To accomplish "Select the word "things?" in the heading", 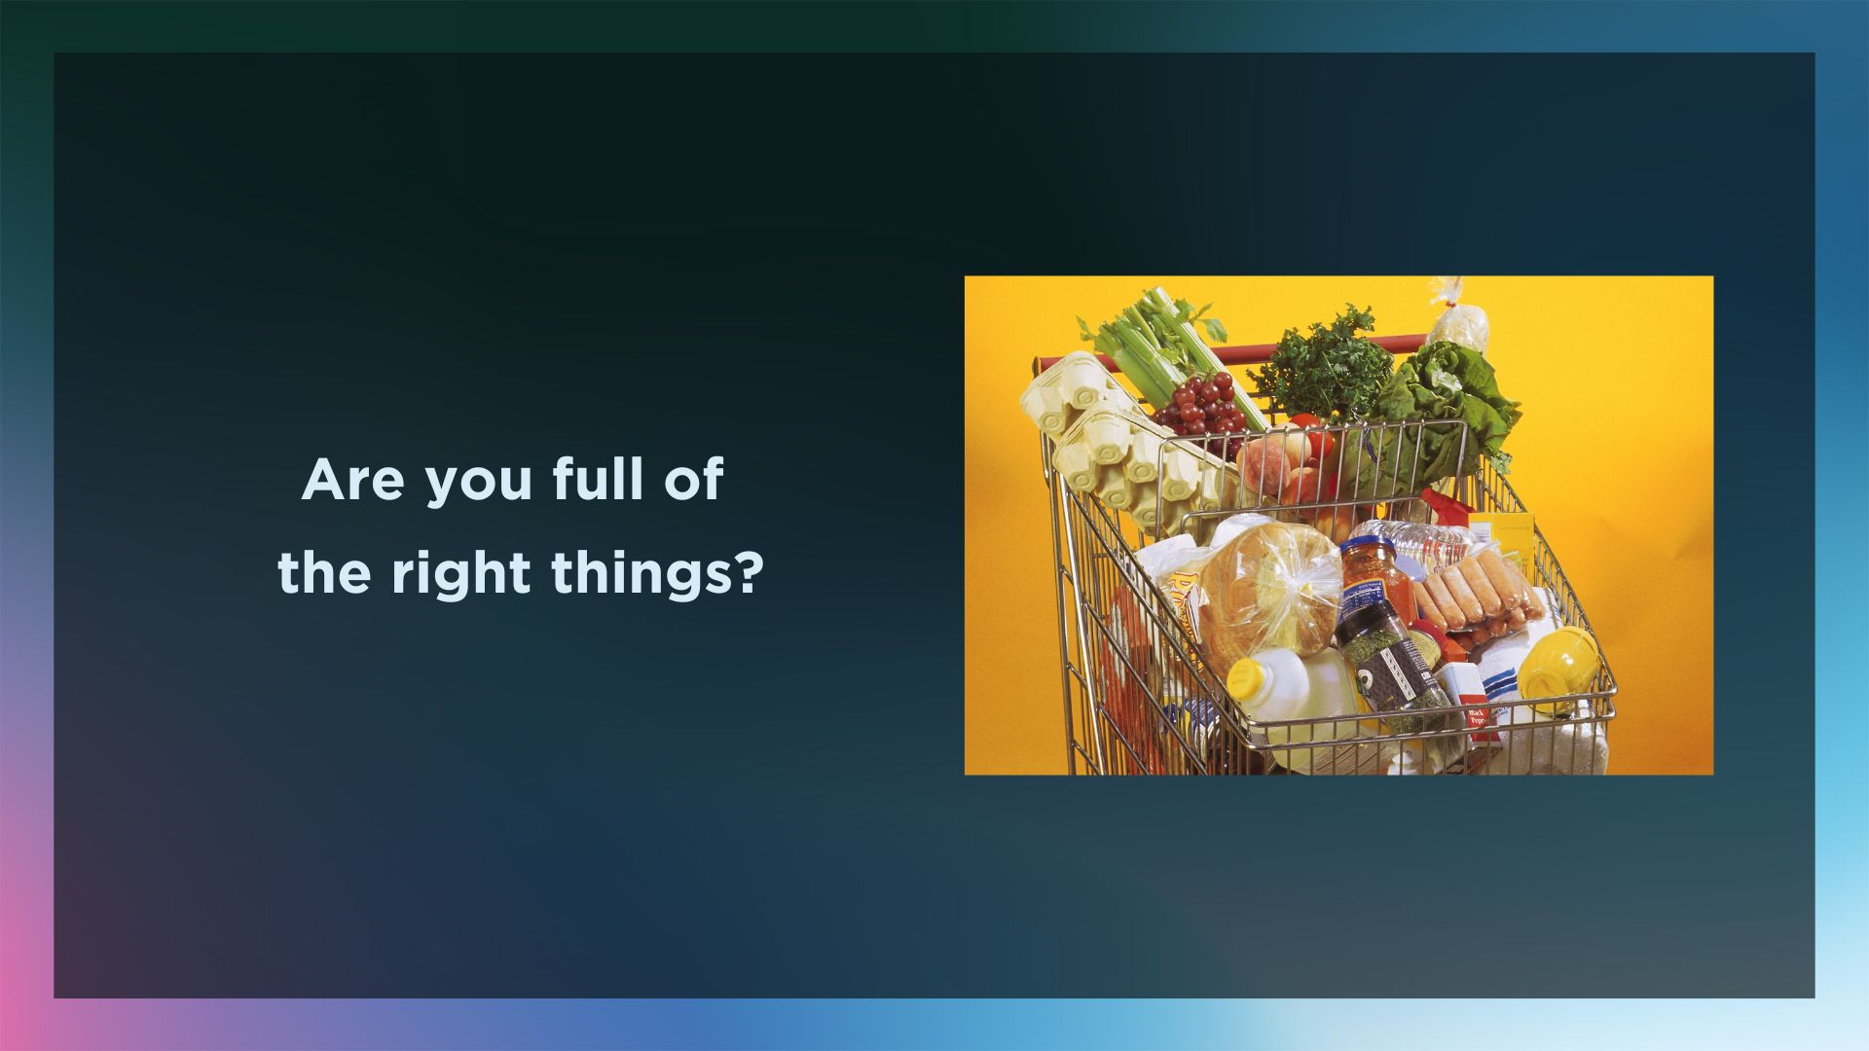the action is pyautogui.click(x=656, y=573).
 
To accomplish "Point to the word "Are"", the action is pyautogui.click(x=352, y=480).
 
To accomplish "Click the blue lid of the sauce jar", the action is pyautogui.click(x=1367, y=551).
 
